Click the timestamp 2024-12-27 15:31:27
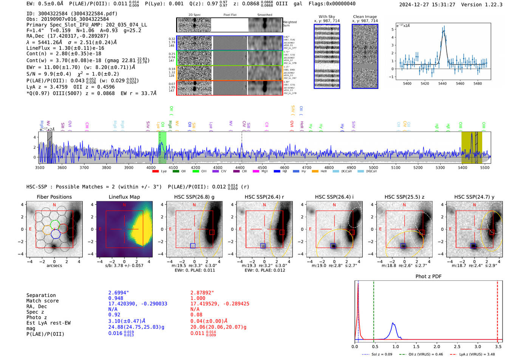[x=427, y=5]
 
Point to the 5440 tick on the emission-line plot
[x=442, y=83]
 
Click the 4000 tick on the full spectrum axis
[x=151, y=168]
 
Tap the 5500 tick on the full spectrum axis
[x=485, y=168]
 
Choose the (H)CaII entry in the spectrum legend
[x=371, y=172]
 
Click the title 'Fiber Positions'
[x=54, y=197]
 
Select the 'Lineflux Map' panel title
[x=124, y=197]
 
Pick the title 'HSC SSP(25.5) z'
[x=404, y=197]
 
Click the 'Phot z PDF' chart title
[x=428, y=277]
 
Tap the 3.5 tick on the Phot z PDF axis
[x=498, y=346]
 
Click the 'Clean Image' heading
[x=365, y=17]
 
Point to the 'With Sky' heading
[x=327, y=17]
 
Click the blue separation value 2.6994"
[x=119, y=293]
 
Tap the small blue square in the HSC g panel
[x=193, y=246]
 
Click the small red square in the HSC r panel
[x=282, y=232]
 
